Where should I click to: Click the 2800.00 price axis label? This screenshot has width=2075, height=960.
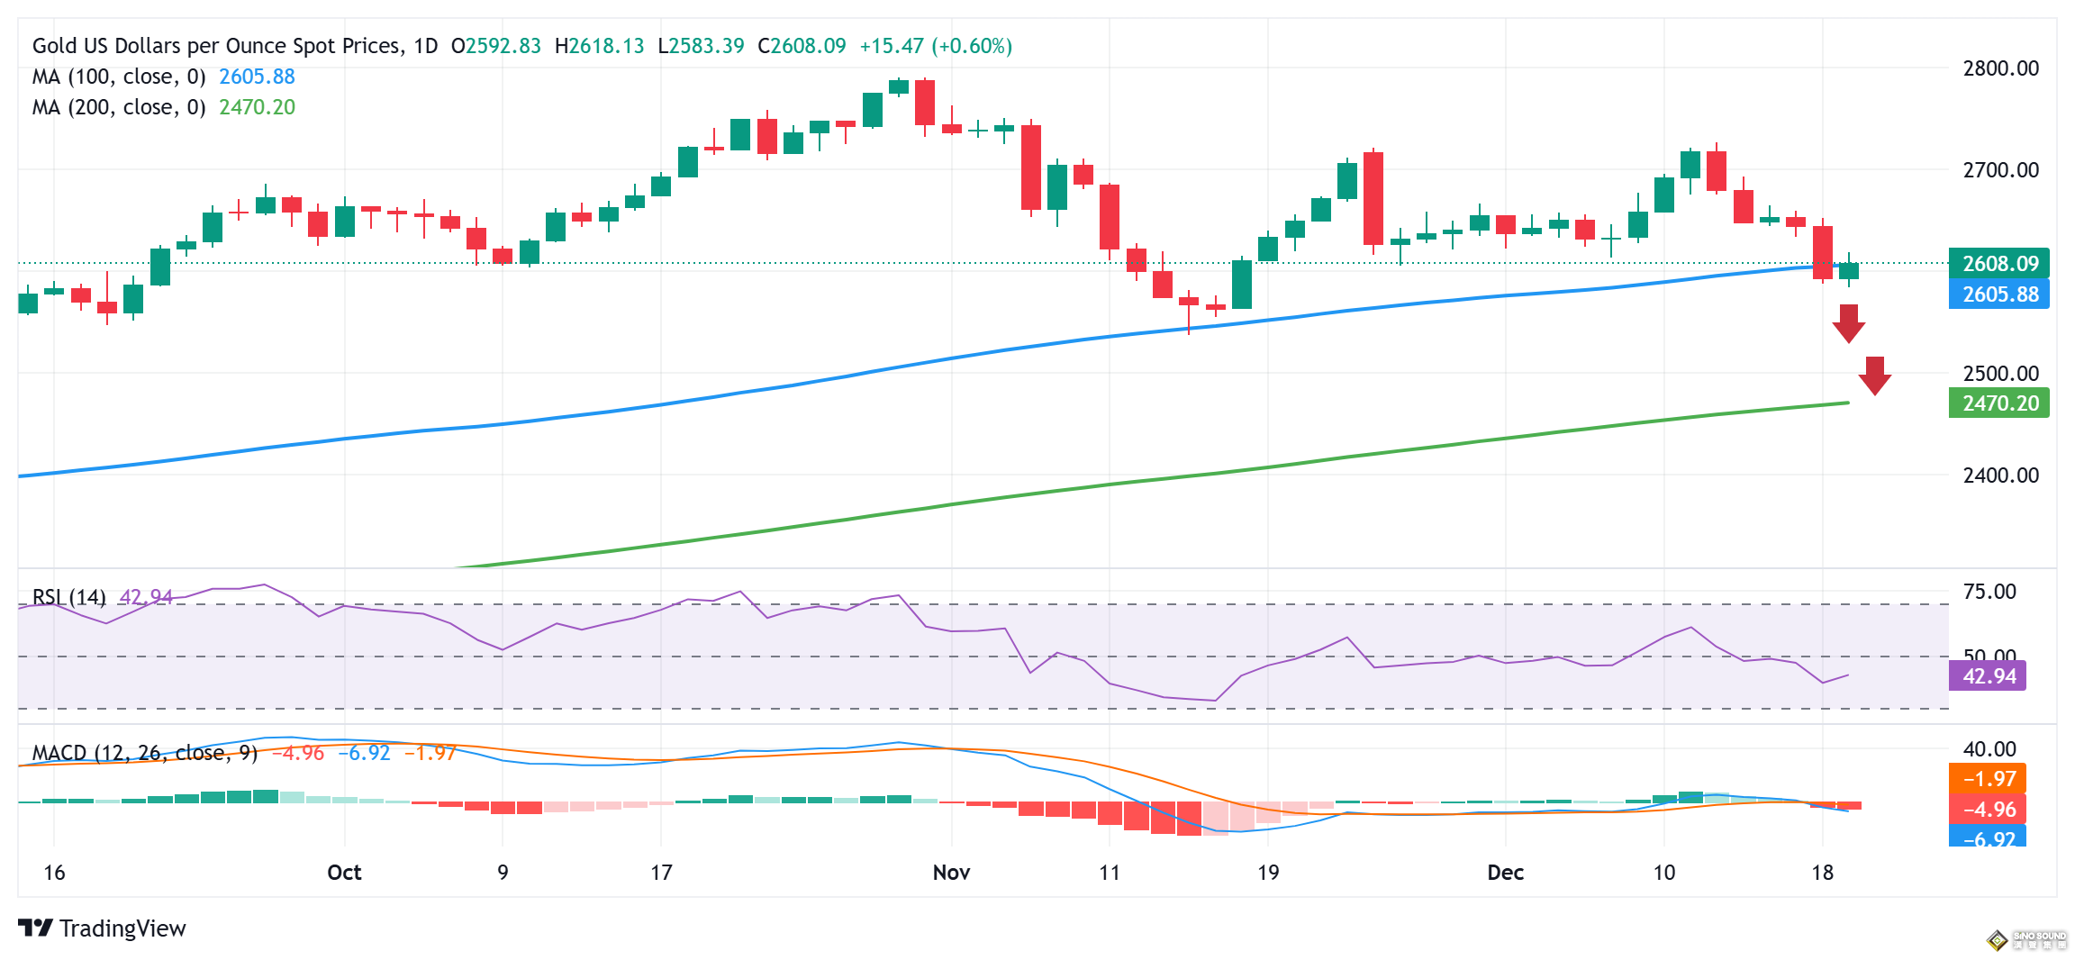click(x=2000, y=68)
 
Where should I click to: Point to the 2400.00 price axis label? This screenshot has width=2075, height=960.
click(x=2000, y=475)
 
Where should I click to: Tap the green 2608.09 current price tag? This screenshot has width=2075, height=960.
click(x=1998, y=264)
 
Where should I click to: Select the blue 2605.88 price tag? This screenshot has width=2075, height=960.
click(x=1998, y=294)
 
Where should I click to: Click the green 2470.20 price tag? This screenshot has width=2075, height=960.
click(x=1998, y=403)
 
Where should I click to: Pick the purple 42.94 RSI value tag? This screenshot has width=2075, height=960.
click(x=1988, y=676)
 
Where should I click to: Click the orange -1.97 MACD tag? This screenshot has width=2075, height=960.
click(x=1988, y=779)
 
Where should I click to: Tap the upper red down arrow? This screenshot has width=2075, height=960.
click(x=1848, y=323)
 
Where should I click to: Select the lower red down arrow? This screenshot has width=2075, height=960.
click(x=1874, y=376)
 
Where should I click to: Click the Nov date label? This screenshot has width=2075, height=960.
click(x=951, y=873)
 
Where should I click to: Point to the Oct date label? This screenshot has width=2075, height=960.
click(x=344, y=873)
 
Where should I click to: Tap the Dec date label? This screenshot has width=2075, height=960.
click(x=1505, y=873)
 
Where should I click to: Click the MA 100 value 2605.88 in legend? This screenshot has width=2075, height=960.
click(x=257, y=77)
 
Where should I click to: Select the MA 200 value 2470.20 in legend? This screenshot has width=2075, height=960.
click(x=257, y=108)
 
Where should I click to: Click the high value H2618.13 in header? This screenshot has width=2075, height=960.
click(x=599, y=46)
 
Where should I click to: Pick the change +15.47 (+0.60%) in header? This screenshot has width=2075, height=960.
click(x=936, y=46)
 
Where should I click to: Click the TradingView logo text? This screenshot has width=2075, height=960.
click(x=122, y=928)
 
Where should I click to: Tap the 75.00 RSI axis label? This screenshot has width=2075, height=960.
click(x=1989, y=593)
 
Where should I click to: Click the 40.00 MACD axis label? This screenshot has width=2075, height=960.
click(x=1989, y=749)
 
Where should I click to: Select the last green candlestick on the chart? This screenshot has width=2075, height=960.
click(x=1849, y=271)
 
